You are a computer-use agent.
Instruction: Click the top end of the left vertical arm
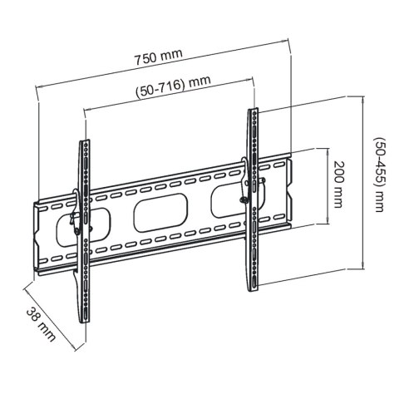[x=83, y=143]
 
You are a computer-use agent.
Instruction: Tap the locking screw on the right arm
[x=244, y=197]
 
